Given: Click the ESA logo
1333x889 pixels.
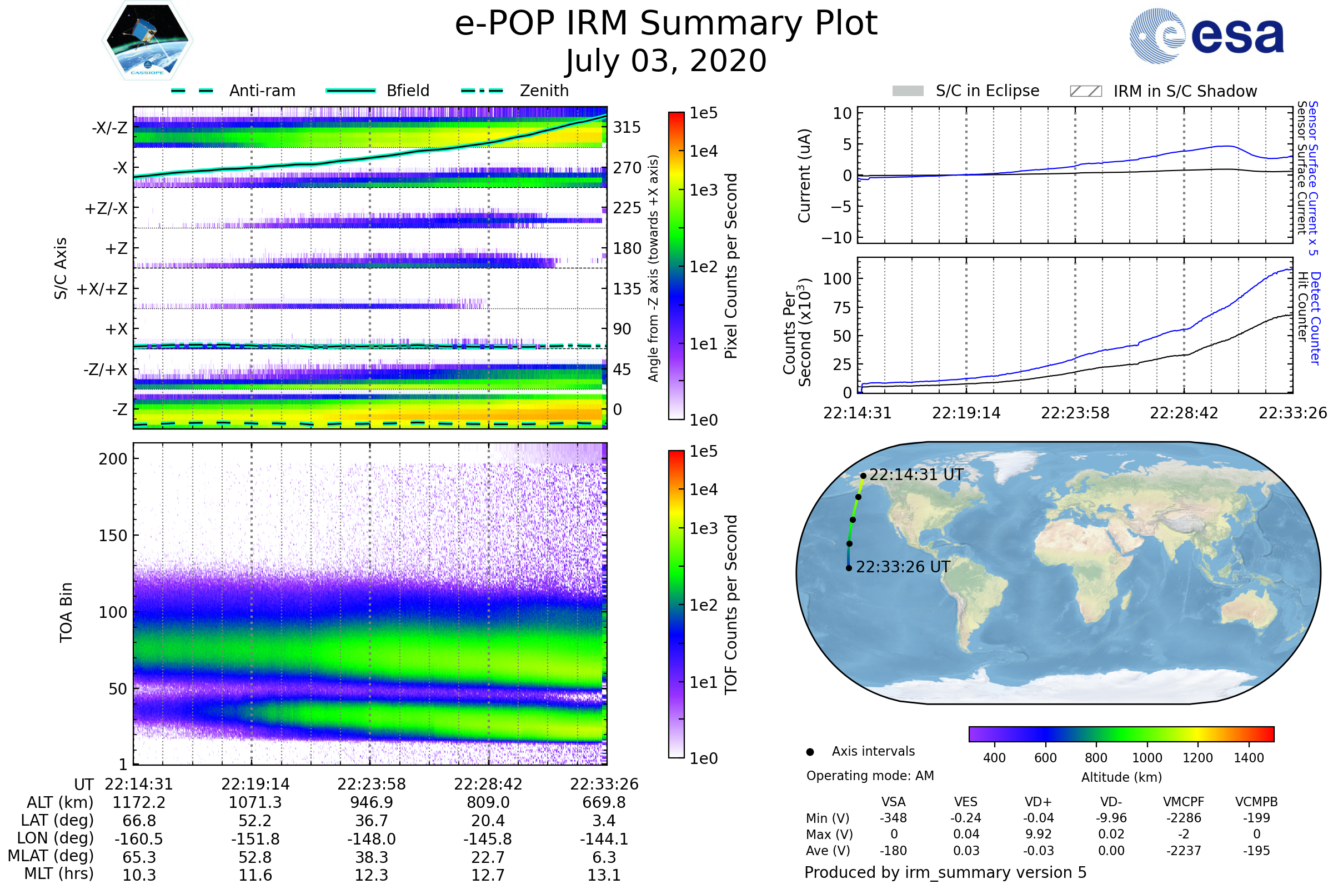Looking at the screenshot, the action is pyautogui.click(x=1206, y=35).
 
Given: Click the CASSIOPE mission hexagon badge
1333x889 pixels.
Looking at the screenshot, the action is pyautogui.click(x=147, y=40).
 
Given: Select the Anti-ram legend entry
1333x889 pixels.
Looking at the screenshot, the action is pyautogui.click(x=233, y=91).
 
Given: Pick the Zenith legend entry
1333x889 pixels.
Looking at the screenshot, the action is pyautogui.click(x=515, y=91).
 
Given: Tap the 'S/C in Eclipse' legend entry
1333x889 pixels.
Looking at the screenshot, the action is pyautogui.click(x=966, y=91).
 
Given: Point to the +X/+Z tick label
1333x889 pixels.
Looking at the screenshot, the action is pyautogui.click(x=102, y=289).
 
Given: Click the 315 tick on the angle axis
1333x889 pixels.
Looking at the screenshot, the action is pyautogui.click(x=627, y=127).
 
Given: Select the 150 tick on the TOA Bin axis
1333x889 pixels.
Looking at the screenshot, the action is pyautogui.click(x=113, y=536).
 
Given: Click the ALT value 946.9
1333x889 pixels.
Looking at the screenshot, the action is pyautogui.click(x=371, y=803).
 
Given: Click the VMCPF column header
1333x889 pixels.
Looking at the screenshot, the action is pyautogui.click(x=1184, y=802).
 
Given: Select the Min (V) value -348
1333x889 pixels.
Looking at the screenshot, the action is pyautogui.click(x=893, y=818).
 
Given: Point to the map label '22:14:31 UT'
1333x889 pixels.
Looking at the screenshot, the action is pyautogui.click(x=916, y=475).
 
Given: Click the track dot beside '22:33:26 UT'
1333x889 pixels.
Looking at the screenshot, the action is pyautogui.click(x=849, y=568).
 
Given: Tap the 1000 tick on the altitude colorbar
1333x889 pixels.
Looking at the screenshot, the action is pyautogui.click(x=1147, y=758).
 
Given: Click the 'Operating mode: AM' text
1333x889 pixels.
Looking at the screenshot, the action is pyautogui.click(x=870, y=776).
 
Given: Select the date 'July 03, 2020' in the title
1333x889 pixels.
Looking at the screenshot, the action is pyautogui.click(x=666, y=61).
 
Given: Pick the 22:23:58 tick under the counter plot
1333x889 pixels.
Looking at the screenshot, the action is pyautogui.click(x=1075, y=413).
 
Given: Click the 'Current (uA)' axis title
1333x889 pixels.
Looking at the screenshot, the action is pyautogui.click(x=804, y=176).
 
